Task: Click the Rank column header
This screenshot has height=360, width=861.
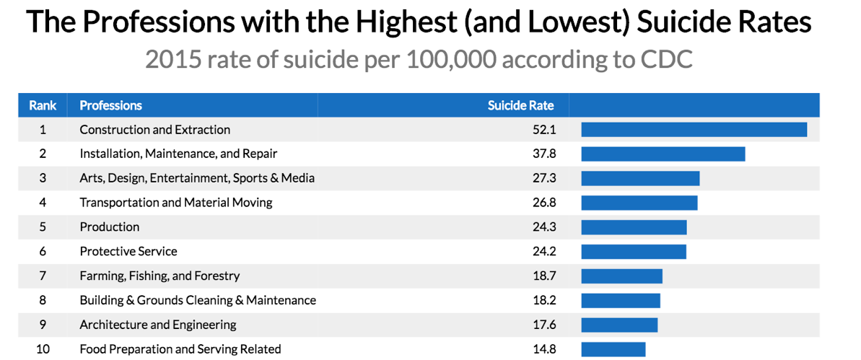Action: point(43,105)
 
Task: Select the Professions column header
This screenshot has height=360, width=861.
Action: point(110,105)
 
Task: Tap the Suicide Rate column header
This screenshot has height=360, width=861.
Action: point(520,105)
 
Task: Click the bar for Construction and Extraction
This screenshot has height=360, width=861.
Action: point(694,130)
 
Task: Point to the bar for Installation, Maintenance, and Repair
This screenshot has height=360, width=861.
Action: point(663,154)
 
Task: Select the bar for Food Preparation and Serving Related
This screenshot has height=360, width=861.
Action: point(613,349)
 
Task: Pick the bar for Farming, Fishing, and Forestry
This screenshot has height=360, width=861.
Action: point(621,276)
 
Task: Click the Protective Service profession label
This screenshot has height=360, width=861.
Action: point(128,252)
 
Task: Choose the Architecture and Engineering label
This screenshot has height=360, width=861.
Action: point(157,325)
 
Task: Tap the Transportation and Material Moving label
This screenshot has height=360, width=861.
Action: point(175,203)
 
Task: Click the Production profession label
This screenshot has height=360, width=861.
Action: point(109,227)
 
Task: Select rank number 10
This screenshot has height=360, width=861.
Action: point(43,349)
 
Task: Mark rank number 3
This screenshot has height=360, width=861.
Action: point(43,178)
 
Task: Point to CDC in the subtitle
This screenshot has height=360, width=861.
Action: point(664,59)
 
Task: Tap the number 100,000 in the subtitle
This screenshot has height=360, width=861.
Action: point(451,59)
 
